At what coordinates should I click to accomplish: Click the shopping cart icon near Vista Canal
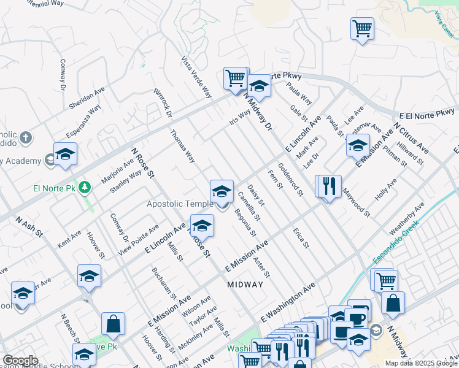(x=362, y=28)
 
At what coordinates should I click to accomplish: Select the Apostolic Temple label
(x=180, y=204)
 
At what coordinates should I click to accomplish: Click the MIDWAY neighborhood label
(x=245, y=285)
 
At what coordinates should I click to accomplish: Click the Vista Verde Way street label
(x=196, y=78)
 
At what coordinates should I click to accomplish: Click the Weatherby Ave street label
(x=407, y=219)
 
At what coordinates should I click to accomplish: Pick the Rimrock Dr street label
(x=163, y=102)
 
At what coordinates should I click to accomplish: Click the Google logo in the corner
(x=20, y=361)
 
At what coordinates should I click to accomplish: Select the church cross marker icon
(x=25, y=137)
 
